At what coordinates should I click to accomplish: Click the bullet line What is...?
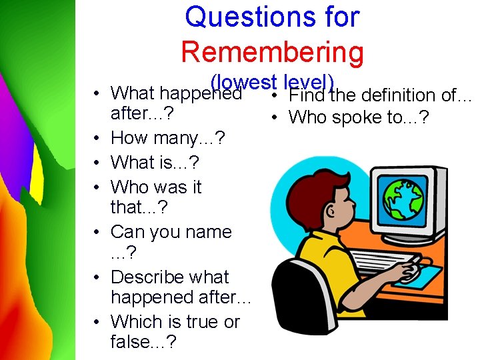click(x=155, y=162)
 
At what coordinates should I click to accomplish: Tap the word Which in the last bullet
click(x=135, y=321)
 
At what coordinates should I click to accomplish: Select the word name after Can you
click(x=208, y=232)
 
